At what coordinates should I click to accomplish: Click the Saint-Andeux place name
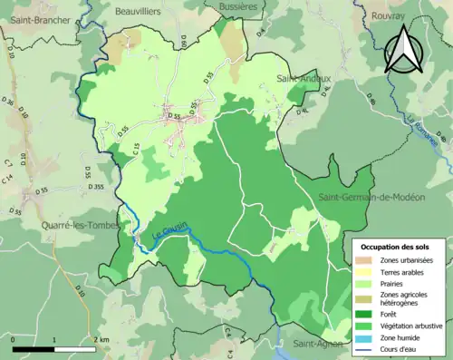pyautogui.click(x=304, y=79)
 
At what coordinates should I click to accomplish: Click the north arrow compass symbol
pyautogui.click(x=403, y=50)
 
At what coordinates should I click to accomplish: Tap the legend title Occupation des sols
pyautogui.click(x=396, y=247)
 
